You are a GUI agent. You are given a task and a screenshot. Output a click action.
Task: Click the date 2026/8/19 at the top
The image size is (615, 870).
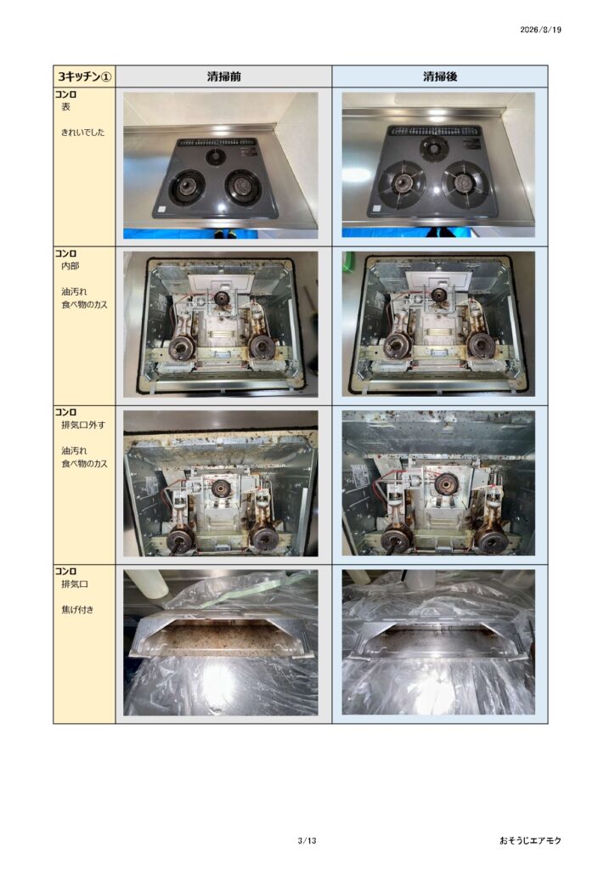click(x=540, y=30)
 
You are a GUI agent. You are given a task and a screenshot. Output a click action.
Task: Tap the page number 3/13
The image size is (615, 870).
click(x=307, y=840)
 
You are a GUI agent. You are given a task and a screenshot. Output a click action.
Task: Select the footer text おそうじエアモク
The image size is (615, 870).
click(x=530, y=840)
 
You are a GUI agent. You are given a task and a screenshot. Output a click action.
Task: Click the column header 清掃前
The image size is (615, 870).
click(x=223, y=76)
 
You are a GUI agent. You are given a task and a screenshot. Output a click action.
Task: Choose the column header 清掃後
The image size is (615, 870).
click(x=440, y=76)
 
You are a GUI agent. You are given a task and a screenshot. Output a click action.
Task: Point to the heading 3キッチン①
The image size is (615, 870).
click(x=84, y=76)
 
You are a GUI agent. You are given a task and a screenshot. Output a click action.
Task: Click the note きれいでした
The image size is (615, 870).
click(x=82, y=132)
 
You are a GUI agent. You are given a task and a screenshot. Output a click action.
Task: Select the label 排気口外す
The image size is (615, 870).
click(x=82, y=425)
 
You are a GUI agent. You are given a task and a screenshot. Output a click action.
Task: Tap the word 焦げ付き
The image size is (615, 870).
click(x=77, y=609)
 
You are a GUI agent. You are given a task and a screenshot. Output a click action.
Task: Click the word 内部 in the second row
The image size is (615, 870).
click(x=70, y=266)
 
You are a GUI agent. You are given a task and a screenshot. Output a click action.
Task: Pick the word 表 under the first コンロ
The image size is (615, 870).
click(x=65, y=106)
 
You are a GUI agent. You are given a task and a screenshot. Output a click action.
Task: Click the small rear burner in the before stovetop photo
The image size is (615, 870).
click(x=216, y=157)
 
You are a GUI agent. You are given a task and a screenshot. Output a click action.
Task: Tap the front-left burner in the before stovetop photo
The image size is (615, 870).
click(x=187, y=186)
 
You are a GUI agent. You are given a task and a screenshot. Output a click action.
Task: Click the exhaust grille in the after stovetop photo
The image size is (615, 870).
click(x=434, y=131)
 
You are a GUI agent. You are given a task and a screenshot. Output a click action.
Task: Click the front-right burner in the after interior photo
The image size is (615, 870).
click(x=480, y=347)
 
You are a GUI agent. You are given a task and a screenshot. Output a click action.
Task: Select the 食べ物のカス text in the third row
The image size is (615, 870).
click(x=84, y=463)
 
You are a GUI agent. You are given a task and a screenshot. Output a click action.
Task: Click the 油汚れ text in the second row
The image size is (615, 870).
click(x=74, y=291)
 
